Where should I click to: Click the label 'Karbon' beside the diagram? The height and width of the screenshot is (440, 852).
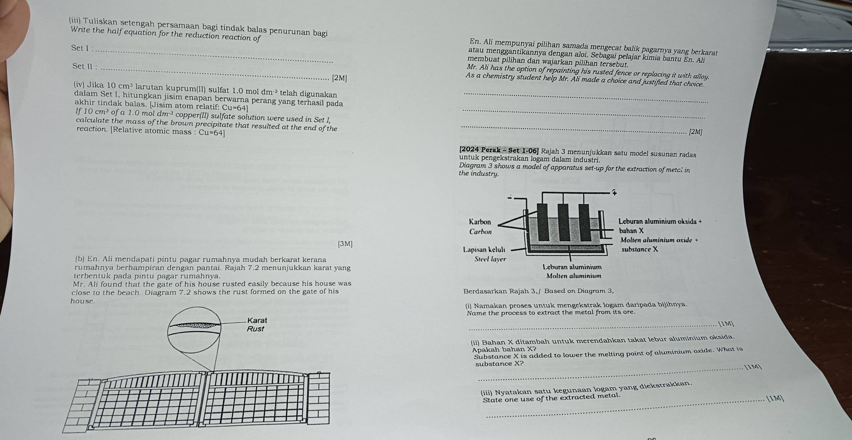480,222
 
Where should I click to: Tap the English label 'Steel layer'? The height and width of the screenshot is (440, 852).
490,259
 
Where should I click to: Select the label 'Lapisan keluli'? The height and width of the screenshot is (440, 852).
485,250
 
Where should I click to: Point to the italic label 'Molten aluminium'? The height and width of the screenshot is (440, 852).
574,276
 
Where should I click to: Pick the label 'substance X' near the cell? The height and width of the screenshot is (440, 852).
639,249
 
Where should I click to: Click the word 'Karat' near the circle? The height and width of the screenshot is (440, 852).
257,320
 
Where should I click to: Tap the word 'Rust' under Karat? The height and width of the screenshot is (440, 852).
256,329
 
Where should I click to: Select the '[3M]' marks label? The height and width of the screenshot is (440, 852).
345,244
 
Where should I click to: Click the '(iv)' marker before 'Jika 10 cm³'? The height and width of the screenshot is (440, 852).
78,85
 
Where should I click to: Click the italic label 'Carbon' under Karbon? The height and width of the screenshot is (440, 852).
480,232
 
